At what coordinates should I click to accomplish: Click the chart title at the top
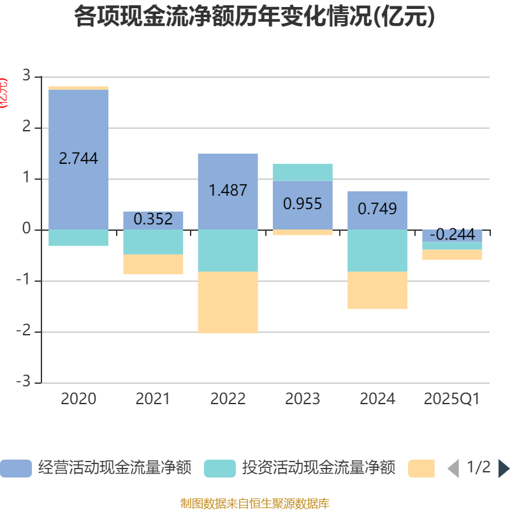click(x=255, y=17)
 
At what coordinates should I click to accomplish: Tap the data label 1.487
click(x=228, y=190)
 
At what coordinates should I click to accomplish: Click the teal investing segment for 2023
click(x=302, y=172)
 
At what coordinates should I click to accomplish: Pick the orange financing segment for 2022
click(x=228, y=302)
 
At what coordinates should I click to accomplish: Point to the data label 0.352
click(x=153, y=219)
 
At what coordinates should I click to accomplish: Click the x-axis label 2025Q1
click(x=451, y=399)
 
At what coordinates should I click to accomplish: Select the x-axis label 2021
click(x=153, y=399)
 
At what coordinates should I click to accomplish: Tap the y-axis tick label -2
click(x=25, y=331)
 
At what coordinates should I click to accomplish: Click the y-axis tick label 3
click(x=26, y=76)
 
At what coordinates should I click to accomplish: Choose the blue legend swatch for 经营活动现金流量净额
click(x=15, y=469)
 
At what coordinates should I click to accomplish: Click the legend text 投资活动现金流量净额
click(x=319, y=468)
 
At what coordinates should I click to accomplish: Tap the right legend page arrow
click(x=504, y=469)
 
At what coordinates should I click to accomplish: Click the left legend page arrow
click(x=453, y=469)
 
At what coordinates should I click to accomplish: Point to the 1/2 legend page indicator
click(x=478, y=468)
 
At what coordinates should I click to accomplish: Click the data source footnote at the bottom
click(x=255, y=504)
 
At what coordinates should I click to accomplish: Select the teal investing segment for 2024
click(x=377, y=250)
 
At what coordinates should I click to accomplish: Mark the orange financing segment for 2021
click(x=153, y=265)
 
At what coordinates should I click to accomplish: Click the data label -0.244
click(x=452, y=235)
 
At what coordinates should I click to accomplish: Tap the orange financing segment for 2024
click(x=377, y=290)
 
